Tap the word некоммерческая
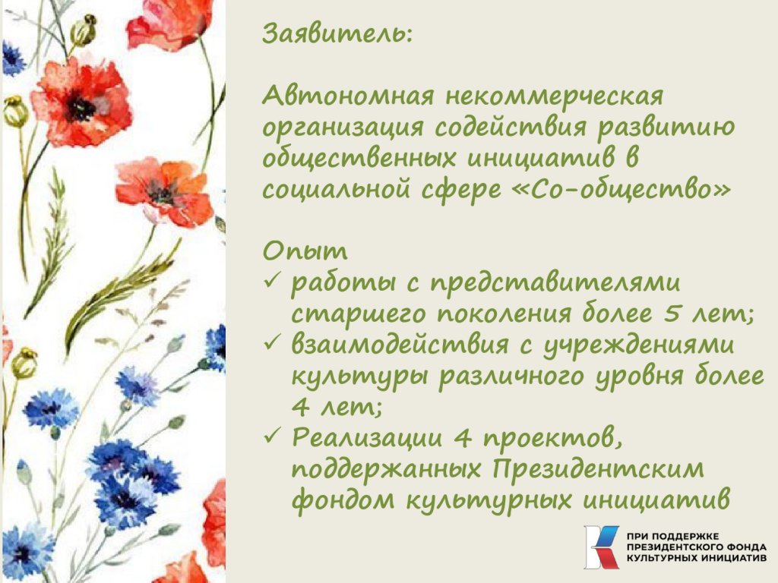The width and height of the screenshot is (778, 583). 554,96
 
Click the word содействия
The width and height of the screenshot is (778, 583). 510,128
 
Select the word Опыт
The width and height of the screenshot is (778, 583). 305,251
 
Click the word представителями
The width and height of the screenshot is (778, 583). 555,283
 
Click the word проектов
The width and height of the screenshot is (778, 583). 552,438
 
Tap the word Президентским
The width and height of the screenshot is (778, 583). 598,469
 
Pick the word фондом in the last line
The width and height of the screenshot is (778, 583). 343,499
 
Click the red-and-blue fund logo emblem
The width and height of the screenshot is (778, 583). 602,547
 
